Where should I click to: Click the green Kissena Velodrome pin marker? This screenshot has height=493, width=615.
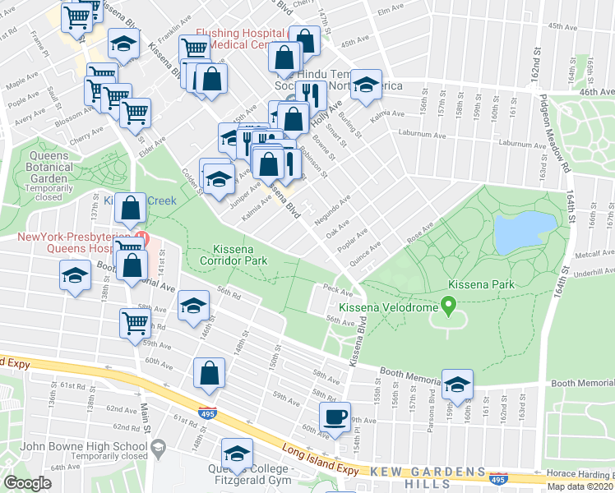tap(448, 307)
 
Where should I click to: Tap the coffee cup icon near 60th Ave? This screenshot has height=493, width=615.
tap(334, 417)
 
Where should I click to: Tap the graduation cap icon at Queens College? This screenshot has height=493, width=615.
tap(237, 453)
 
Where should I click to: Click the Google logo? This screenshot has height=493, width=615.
tap(27, 483)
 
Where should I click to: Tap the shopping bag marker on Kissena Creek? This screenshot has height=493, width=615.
tap(131, 209)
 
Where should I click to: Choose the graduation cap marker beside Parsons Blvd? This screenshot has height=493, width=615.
tap(458, 382)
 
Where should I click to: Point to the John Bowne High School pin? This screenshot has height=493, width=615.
tap(160, 447)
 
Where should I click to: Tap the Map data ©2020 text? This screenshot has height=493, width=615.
tap(580, 486)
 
